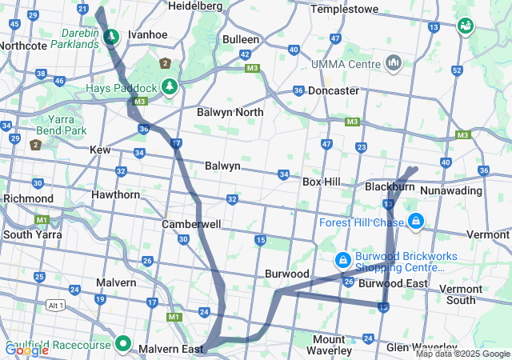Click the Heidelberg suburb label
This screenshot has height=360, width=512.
196,6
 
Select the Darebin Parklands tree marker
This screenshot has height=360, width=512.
111,36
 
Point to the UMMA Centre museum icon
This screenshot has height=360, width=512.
393,62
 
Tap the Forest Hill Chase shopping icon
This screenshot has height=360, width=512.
415,221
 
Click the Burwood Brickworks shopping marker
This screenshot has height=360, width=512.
342,260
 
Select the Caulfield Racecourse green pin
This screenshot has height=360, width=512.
122,344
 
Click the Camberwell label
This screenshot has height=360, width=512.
191,225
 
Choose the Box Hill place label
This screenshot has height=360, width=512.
322,182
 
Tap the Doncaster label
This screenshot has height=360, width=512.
332,91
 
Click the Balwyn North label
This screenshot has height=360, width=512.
230,113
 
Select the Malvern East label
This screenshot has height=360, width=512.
170,350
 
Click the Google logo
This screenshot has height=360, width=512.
26,350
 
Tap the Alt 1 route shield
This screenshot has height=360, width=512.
55,306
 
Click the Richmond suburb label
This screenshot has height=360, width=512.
28,198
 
